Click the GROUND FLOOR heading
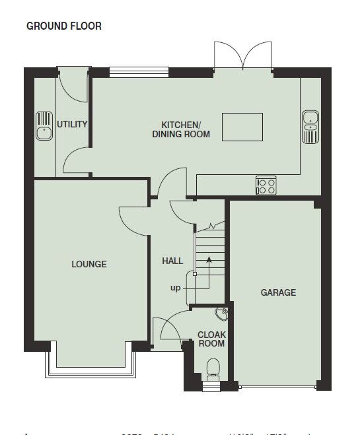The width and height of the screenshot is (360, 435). (x=63, y=26)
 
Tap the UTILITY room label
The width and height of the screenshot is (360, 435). (x=72, y=124)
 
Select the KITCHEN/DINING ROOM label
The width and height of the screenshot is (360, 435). (x=181, y=129)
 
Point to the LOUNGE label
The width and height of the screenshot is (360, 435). (x=89, y=264)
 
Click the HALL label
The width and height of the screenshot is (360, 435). (x=172, y=261)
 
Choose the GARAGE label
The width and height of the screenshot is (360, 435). (x=278, y=292)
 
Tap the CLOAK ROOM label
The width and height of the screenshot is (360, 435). (x=211, y=339)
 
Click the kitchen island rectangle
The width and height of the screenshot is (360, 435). (x=243, y=127)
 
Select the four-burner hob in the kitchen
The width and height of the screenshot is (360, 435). (x=266, y=185)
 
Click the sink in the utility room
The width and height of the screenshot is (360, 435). (x=44, y=126)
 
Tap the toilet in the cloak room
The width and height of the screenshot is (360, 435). (x=213, y=368)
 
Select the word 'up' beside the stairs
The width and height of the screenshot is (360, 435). (x=175, y=288)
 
